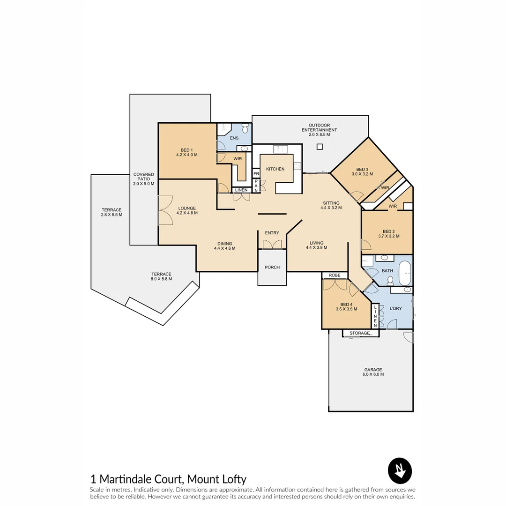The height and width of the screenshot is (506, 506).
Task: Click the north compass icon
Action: click(x=400, y=470)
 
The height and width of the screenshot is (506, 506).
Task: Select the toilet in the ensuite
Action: click(x=245, y=128)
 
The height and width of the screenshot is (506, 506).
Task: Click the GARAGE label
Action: click(x=373, y=370)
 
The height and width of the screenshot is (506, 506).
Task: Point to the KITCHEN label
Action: click(x=275, y=169)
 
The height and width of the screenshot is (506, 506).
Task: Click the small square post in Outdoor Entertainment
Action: click(x=320, y=147)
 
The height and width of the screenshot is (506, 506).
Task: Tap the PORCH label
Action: click(x=272, y=267)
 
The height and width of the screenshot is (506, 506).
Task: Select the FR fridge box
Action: click(x=256, y=174)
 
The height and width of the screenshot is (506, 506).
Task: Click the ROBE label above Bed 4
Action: click(x=334, y=275)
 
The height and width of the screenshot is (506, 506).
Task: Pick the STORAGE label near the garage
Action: click(x=359, y=333)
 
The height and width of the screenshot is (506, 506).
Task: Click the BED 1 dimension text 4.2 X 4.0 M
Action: click(x=186, y=155)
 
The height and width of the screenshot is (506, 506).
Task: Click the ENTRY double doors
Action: click(x=272, y=244)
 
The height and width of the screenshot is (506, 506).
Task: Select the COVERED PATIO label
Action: click(x=143, y=179)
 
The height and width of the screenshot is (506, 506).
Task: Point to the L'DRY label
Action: click(x=396, y=308)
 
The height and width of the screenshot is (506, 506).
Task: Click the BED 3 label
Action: click(x=362, y=169)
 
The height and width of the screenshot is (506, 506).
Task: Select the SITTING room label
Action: click(x=331, y=203)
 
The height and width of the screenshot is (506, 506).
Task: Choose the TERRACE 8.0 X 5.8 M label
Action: click(x=161, y=276)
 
